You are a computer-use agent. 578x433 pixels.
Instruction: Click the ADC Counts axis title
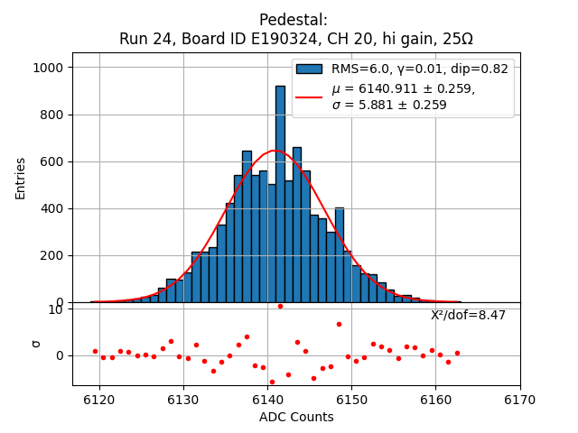pyautogui.click(x=296, y=417)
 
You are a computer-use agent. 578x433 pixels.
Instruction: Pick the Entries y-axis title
pyautogui.click(x=21, y=178)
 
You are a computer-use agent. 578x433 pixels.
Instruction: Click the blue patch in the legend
pyautogui.click(x=309, y=69)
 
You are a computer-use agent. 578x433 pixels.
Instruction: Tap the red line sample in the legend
pyautogui.click(x=309, y=97)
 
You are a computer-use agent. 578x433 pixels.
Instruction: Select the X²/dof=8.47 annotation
pyautogui.click(x=468, y=315)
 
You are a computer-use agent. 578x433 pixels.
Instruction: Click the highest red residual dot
pyautogui.click(x=280, y=306)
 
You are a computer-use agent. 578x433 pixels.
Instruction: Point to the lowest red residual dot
pyautogui.click(x=272, y=382)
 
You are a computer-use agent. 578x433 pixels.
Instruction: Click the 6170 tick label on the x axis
pyautogui.click(x=519, y=400)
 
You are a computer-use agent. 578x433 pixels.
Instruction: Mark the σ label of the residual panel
pyautogui.click(x=36, y=343)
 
